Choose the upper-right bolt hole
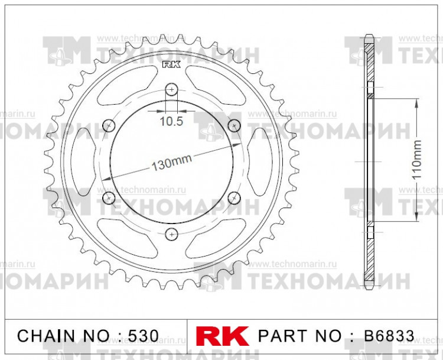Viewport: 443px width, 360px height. click(234, 125)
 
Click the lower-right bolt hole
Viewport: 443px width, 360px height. click(234, 197)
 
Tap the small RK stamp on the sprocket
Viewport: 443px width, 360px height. click(171, 64)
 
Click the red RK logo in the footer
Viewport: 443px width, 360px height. click(223, 336)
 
